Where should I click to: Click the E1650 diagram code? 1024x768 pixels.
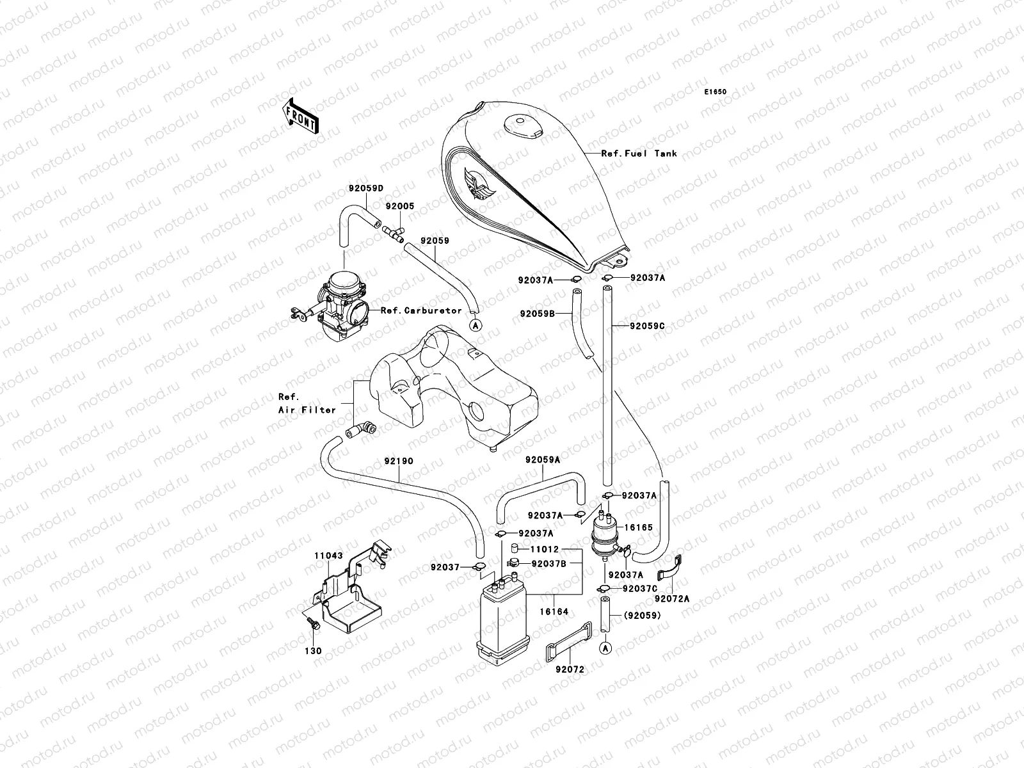pyautogui.click(x=716, y=92)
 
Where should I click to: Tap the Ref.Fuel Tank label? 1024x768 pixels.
pyautogui.click(x=639, y=154)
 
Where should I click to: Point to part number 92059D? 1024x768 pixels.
pyautogui.click(x=365, y=189)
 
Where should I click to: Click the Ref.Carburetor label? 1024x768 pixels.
pyautogui.click(x=420, y=310)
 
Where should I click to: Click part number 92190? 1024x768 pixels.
pyautogui.click(x=399, y=461)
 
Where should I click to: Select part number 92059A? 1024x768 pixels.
pyautogui.click(x=543, y=460)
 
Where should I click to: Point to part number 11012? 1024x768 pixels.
pyautogui.click(x=544, y=549)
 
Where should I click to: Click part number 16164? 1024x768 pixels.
pyautogui.click(x=553, y=612)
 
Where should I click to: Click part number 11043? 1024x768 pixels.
pyautogui.click(x=329, y=557)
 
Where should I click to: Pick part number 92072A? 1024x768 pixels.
pyautogui.click(x=672, y=599)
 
